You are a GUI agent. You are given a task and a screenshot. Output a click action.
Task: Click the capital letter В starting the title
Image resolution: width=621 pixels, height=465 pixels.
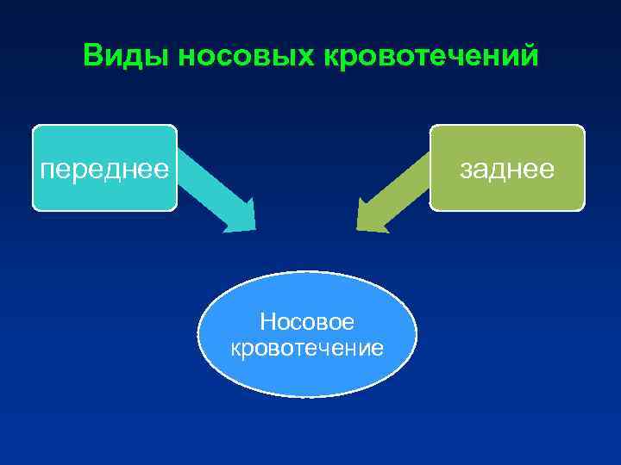(93, 56)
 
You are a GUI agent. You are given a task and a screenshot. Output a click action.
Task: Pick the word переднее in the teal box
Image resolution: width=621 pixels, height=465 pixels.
(104, 169)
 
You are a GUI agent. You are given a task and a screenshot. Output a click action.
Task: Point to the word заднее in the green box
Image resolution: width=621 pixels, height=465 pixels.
(506, 169)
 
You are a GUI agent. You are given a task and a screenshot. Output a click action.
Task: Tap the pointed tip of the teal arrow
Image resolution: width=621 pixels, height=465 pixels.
(254, 228)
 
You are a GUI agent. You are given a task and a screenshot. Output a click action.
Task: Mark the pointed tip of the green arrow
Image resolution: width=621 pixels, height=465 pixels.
(359, 228)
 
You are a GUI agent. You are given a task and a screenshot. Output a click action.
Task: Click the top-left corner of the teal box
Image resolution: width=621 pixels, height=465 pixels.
(34, 127)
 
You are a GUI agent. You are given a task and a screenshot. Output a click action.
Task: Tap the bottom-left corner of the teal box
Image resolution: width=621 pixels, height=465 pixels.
(34, 209)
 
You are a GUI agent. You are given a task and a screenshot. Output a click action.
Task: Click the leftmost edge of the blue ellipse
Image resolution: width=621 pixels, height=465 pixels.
(198, 334)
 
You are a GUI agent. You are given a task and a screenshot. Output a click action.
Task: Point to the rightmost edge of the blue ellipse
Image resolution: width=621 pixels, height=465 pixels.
(417, 334)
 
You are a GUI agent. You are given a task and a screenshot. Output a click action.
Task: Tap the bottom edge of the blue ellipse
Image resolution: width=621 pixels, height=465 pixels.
(307, 396)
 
